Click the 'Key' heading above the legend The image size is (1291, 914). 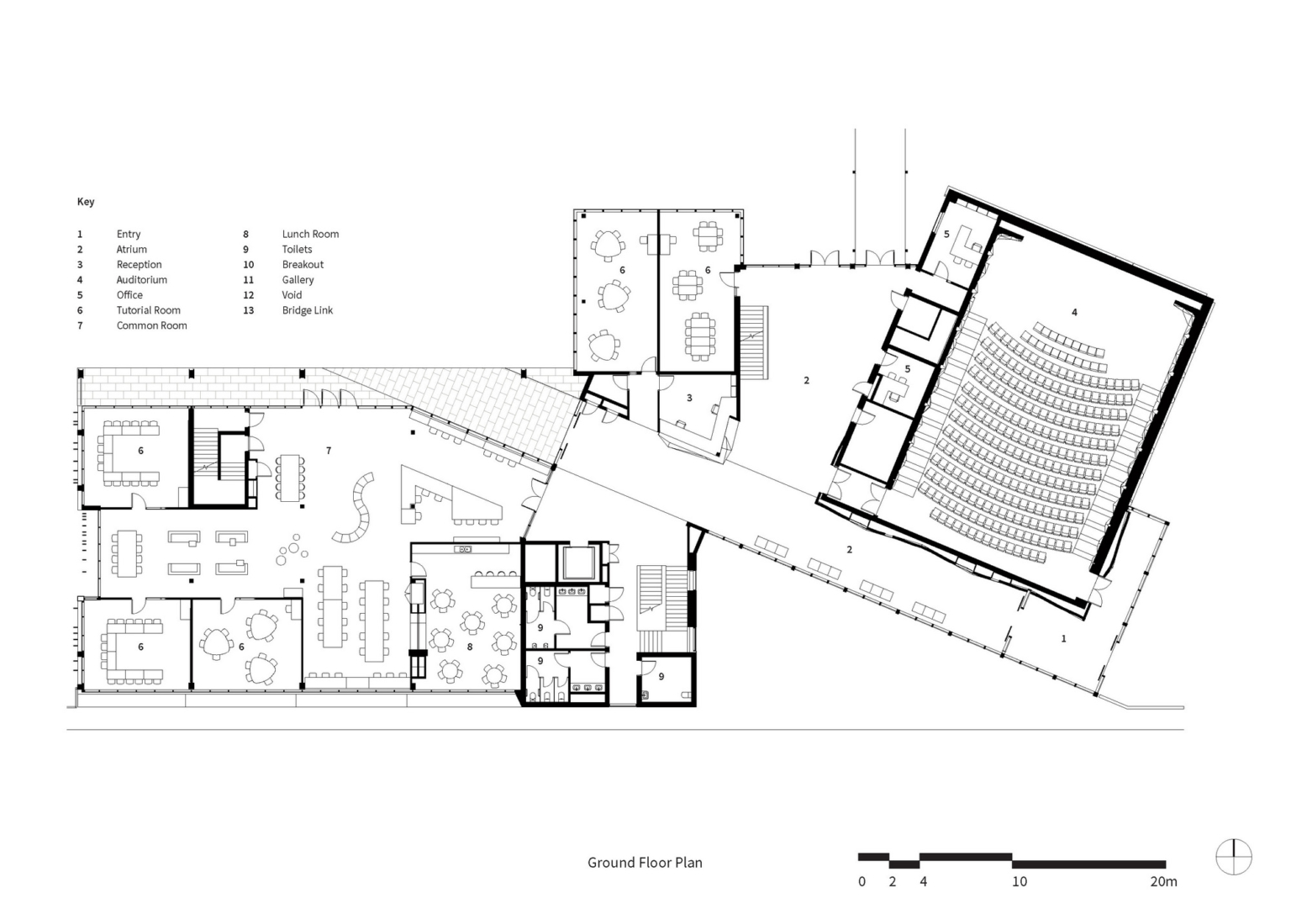(86, 202)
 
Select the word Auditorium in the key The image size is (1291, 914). (141, 280)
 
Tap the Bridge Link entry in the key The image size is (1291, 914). (307, 310)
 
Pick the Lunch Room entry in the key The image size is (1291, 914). (310, 235)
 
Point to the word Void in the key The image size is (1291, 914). (292, 295)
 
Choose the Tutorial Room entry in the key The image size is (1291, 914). (148, 310)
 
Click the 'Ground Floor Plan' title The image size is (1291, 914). (645, 863)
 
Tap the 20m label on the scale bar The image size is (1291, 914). (1163, 882)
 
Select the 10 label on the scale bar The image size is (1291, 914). (1019, 882)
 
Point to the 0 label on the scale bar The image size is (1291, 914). (862, 882)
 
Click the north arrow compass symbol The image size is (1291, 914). (1233, 858)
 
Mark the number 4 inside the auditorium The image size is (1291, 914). (1074, 313)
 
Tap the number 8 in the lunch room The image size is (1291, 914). (470, 647)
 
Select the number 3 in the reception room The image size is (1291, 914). (689, 398)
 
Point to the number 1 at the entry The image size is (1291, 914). (1063, 639)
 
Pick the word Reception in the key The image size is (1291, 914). (139, 265)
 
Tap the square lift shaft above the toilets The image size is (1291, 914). (579, 563)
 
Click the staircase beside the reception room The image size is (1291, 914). (753, 341)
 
